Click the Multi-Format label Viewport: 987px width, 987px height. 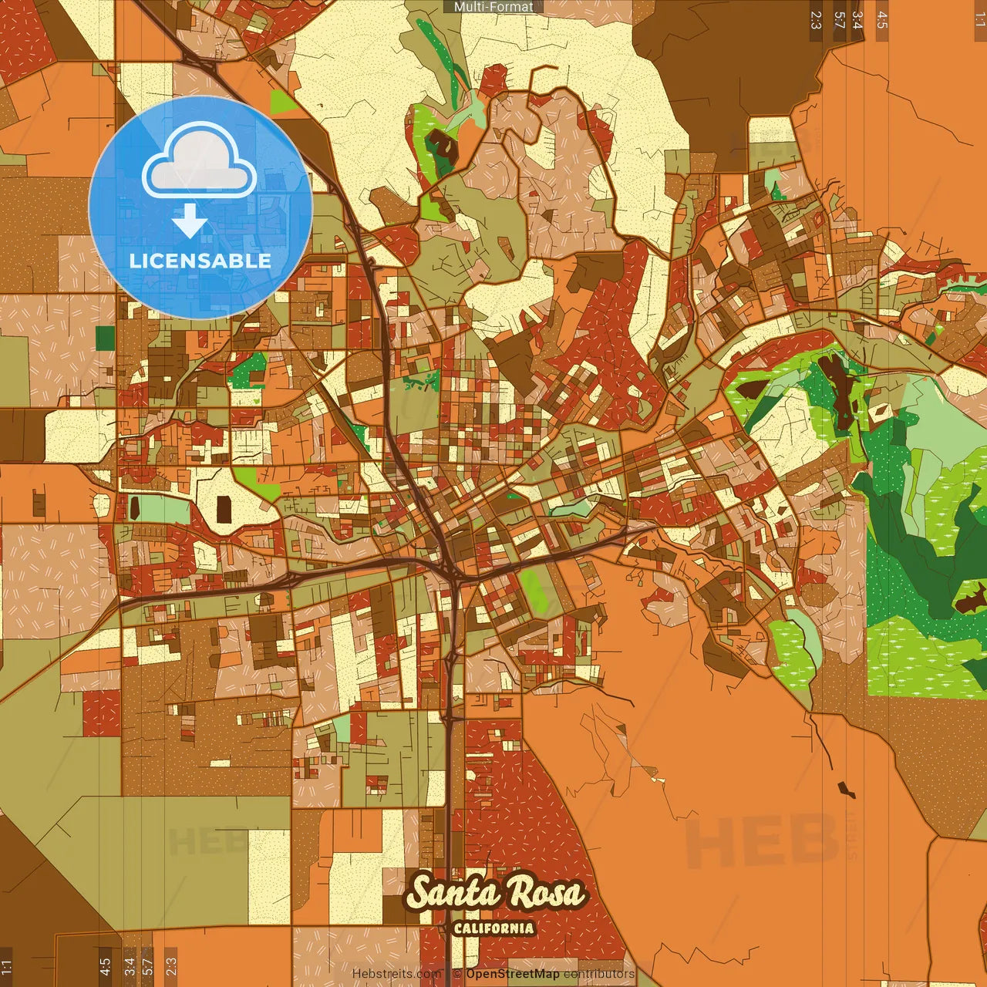493,7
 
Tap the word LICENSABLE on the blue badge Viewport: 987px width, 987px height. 200,261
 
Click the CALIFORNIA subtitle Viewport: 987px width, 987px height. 493,928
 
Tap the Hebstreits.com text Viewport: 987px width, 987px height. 396,974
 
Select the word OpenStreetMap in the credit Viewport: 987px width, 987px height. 512,974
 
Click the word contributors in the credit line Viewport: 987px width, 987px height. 599,974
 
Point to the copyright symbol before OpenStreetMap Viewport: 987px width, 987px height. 457,974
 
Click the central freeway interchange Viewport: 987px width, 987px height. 452,568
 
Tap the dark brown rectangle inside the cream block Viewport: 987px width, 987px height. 224,509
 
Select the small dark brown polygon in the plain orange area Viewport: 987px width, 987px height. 847,789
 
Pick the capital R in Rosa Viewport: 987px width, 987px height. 524,893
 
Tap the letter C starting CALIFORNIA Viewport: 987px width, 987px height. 458,928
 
